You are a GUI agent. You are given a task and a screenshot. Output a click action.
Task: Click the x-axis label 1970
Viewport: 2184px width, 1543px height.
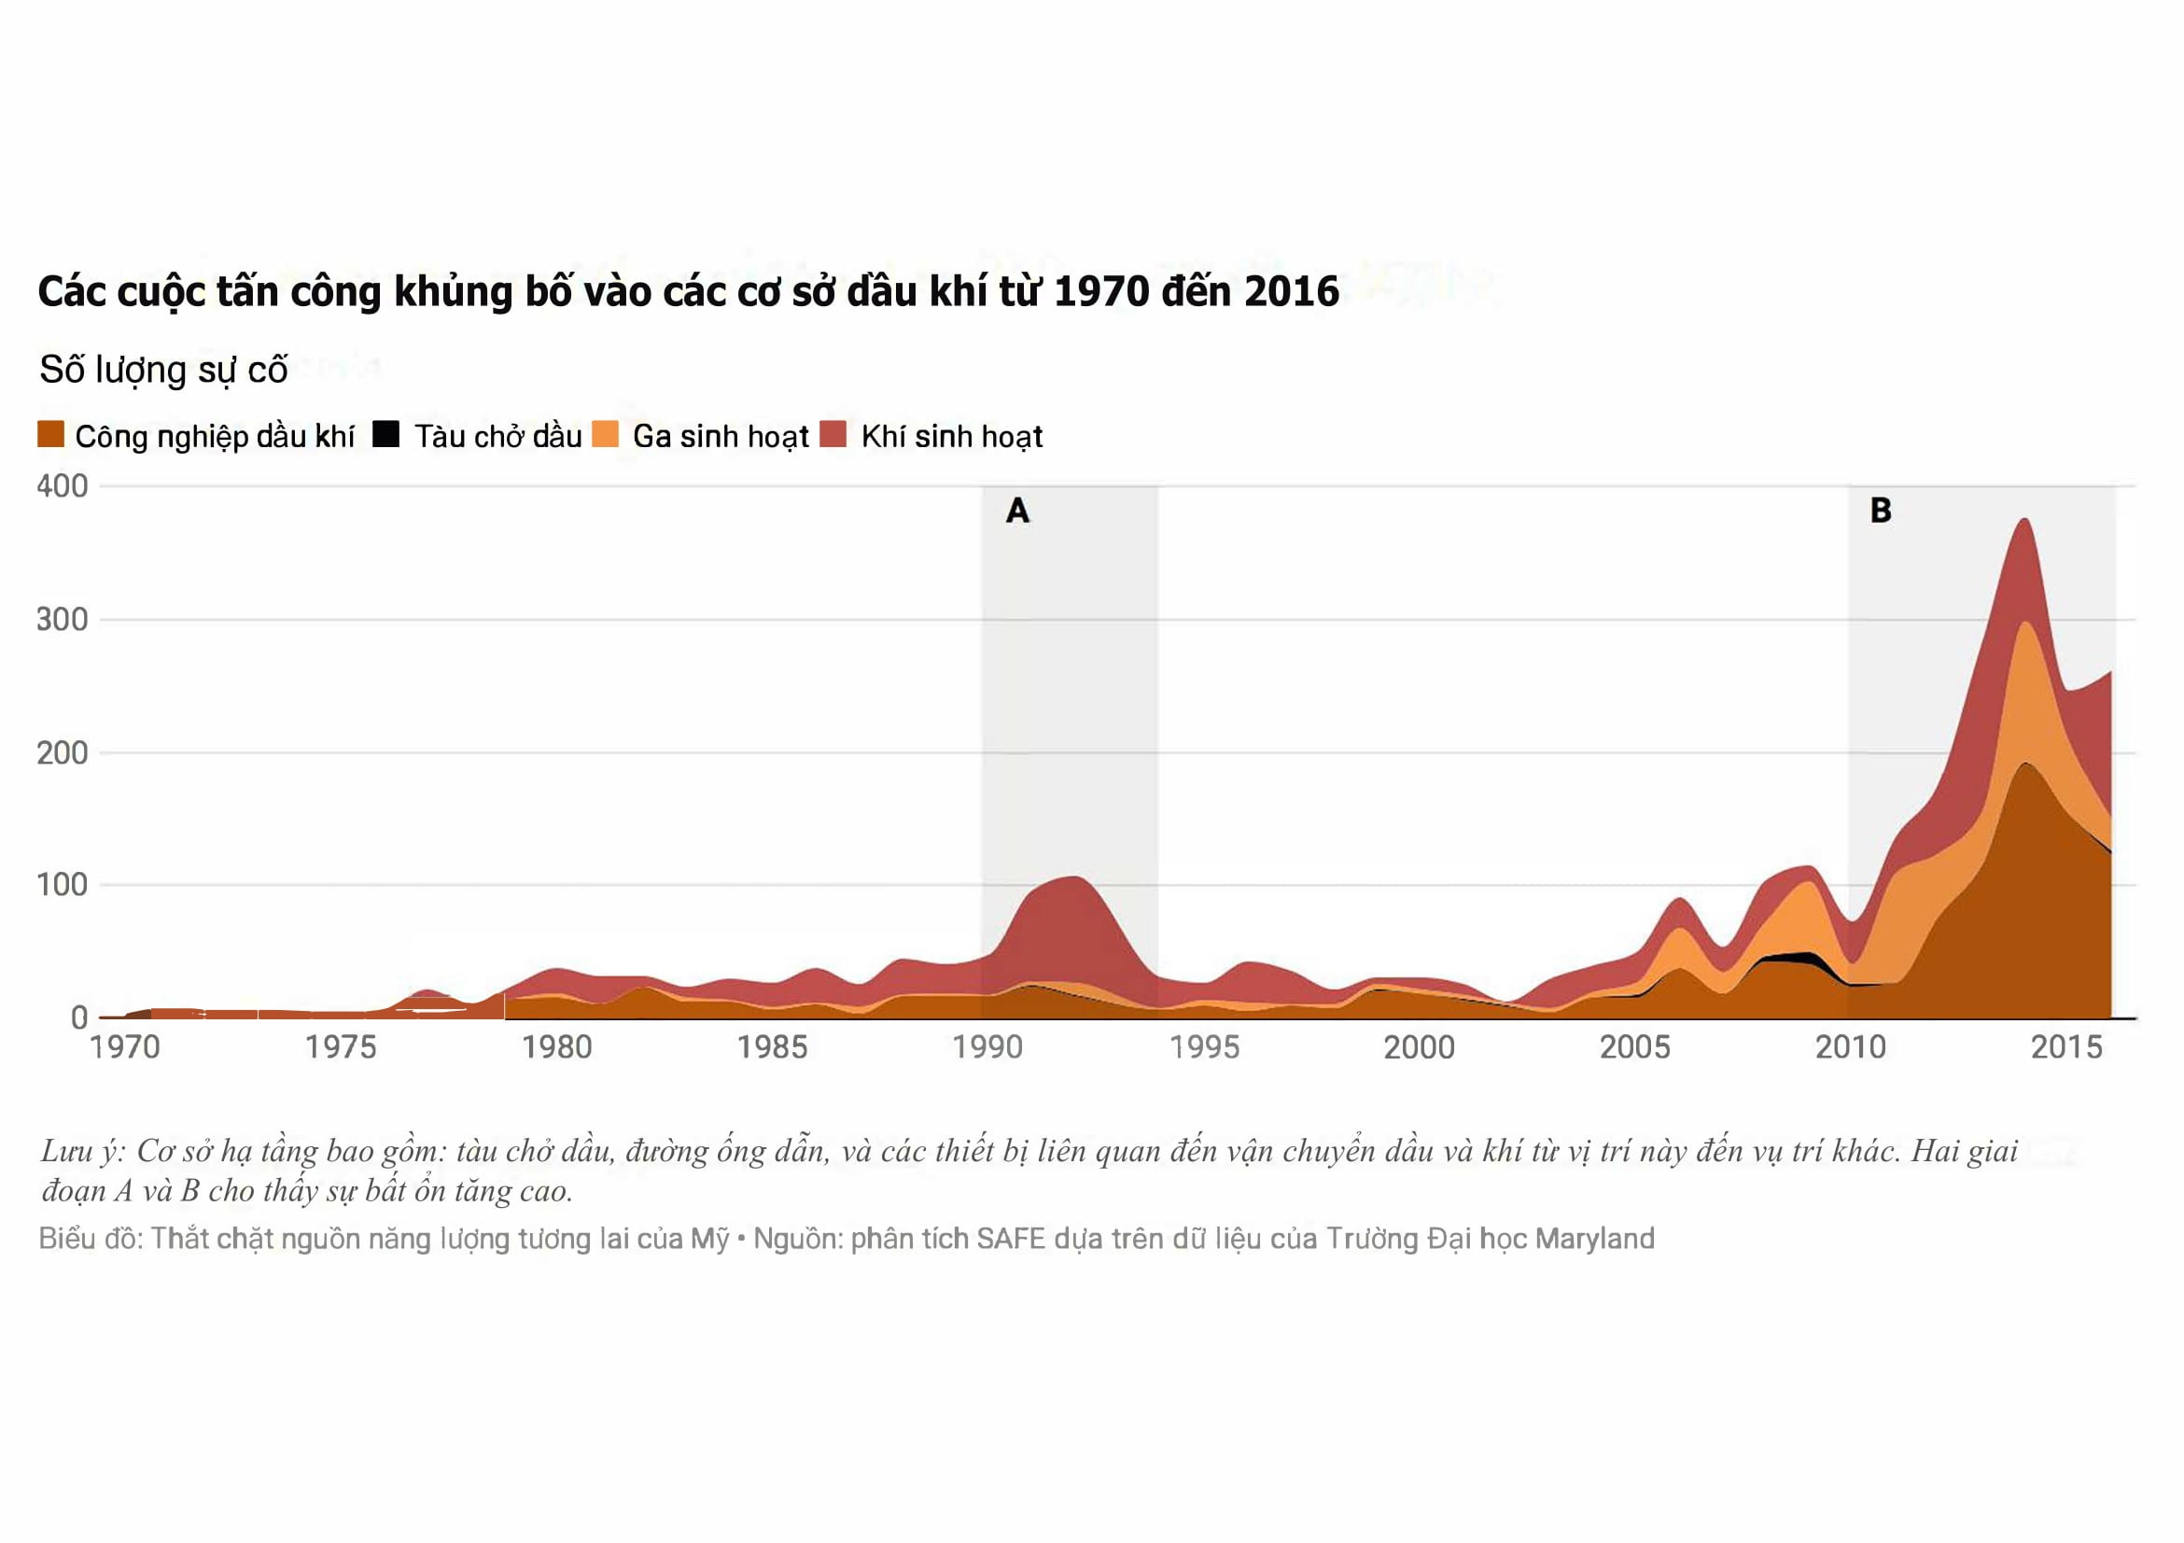point(125,1047)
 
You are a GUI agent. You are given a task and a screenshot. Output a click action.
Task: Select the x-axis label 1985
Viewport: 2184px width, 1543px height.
point(772,1047)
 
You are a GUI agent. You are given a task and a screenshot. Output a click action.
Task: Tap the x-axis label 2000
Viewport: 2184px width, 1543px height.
point(1419,1047)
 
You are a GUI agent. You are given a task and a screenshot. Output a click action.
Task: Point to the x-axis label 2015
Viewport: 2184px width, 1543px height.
point(2066,1047)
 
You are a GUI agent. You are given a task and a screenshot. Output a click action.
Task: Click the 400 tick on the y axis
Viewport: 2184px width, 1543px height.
point(62,486)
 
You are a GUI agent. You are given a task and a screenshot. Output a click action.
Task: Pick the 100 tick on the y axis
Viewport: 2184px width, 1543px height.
point(62,885)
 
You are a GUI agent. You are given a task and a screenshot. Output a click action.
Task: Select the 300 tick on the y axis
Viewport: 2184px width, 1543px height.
point(62,619)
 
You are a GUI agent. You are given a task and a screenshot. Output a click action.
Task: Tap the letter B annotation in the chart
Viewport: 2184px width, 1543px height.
point(1881,511)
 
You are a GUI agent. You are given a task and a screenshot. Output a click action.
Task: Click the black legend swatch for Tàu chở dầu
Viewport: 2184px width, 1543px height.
point(385,434)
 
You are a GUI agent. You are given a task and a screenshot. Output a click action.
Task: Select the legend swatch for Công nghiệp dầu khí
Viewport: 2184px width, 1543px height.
point(50,434)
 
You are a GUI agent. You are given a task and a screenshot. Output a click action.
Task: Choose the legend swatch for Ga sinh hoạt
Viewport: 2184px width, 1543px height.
point(605,434)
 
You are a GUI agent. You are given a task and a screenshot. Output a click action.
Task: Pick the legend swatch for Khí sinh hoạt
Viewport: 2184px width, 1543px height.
point(833,434)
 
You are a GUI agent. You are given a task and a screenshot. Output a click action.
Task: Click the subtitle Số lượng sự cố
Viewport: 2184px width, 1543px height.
point(162,369)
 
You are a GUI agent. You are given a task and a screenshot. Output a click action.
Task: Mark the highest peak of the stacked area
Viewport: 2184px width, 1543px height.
point(2024,520)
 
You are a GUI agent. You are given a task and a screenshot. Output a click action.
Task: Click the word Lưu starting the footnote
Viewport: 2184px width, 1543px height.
point(65,1151)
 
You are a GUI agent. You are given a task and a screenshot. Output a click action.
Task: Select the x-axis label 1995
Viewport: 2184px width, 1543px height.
point(1204,1047)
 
